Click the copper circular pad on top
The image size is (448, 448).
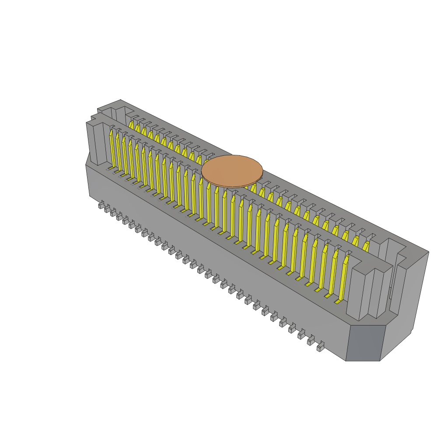pos(232,171)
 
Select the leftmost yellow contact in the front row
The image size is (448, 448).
pos(112,149)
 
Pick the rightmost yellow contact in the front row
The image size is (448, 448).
pos(343,278)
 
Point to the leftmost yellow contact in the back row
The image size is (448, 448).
pos(131,125)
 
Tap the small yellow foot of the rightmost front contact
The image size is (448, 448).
pos(338,301)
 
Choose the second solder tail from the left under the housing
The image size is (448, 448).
pos(107,209)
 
